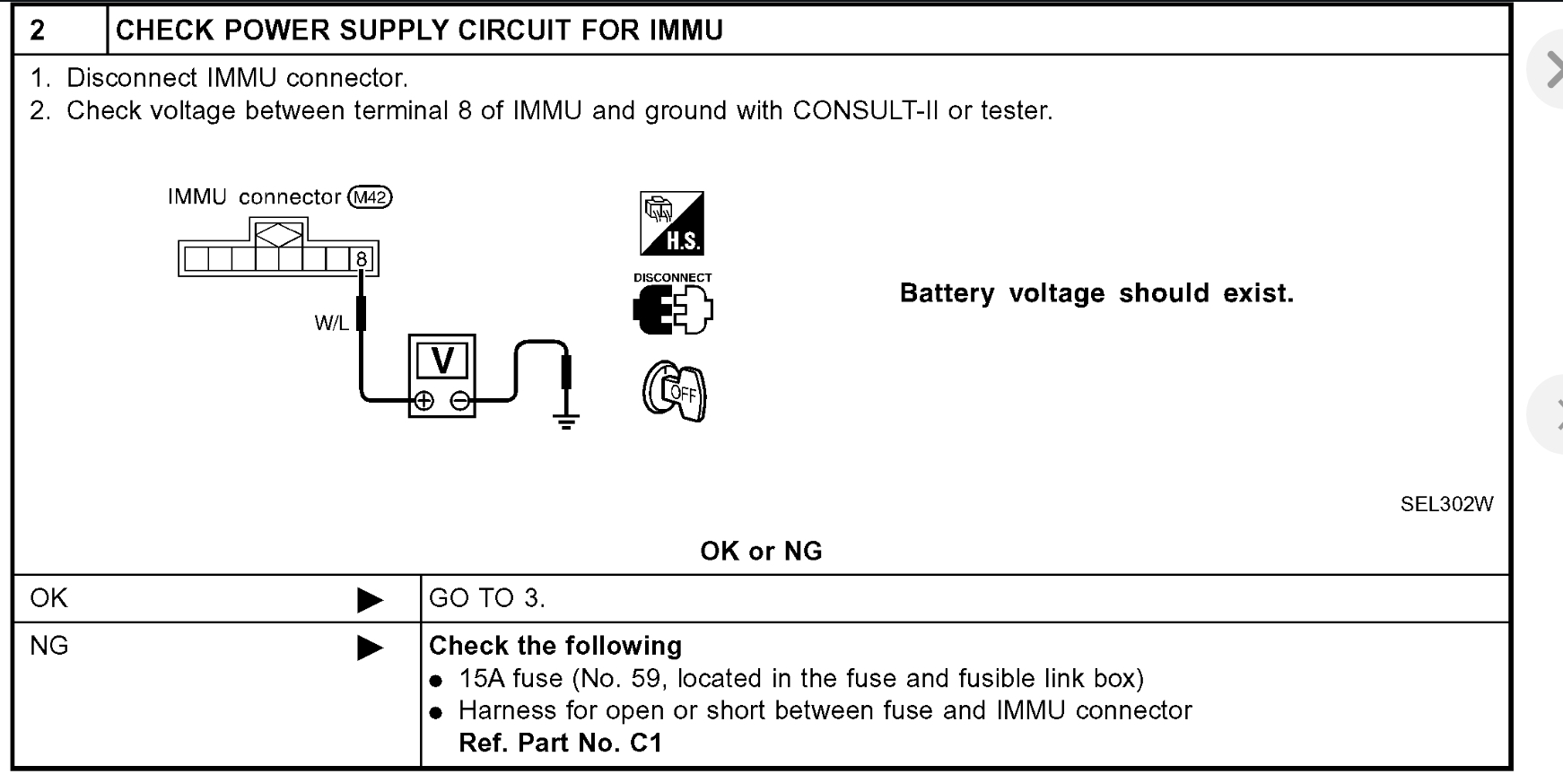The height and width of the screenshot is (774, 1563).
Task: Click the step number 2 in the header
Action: pyautogui.click(x=38, y=30)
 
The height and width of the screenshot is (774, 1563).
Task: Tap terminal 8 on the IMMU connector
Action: pyautogui.click(x=362, y=260)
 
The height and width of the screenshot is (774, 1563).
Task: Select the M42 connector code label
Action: pyautogui.click(x=370, y=197)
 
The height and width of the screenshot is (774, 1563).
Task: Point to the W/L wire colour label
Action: pyautogui.click(x=331, y=324)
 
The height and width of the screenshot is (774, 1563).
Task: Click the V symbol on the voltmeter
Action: pyautogui.click(x=442, y=361)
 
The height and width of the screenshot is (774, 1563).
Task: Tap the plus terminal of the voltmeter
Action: pyautogui.click(x=424, y=401)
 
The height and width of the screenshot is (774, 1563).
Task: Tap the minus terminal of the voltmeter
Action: pyautogui.click(x=459, y=401)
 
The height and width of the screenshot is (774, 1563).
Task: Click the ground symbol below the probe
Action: pyautogui.click(x=565, y=419)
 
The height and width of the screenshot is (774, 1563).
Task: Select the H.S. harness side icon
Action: pyautogui.click(x=672, y=223)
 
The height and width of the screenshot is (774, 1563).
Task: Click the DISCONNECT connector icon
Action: pyautogui.click(x=673, y=309)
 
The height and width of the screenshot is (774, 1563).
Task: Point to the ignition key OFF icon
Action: pyautogui.click(x=675, y=392)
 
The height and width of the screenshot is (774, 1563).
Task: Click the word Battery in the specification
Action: pyautogui.click(x=947, y=293)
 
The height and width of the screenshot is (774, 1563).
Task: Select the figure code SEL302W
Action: pyautogui.click(x=1446, y=504)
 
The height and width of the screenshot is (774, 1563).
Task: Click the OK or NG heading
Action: pyautogui.click(x=761, y=551)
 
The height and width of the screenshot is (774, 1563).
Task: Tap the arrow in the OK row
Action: pyautogui.click(x=370, y=599)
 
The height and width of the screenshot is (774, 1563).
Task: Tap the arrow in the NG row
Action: pyautogui.click(x=370, y=647)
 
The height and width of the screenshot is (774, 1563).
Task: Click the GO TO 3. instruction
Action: pyautogui.click(x=487, y=598)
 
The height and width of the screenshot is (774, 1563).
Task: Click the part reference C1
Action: pyautogui.click(x=645, y=744)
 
